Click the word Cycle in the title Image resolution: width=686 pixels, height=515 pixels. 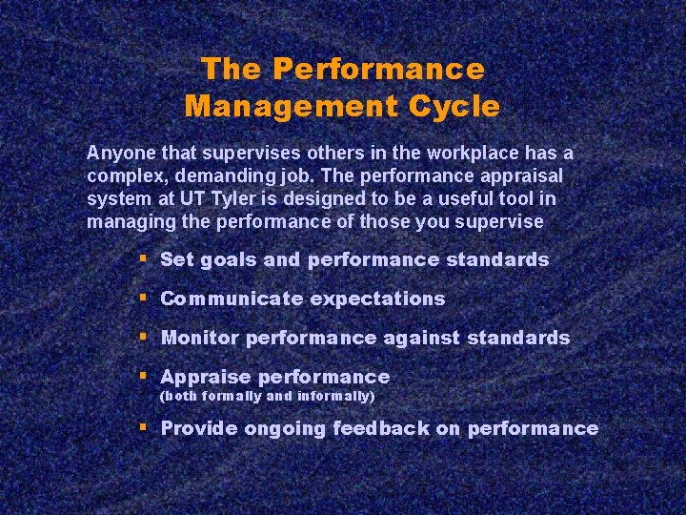[x=453, y=106]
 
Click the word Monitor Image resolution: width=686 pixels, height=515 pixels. [x=200, y=338]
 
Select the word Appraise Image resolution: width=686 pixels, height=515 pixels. [x=205, y=377]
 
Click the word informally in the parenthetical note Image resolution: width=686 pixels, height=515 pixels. [x=336, y=396]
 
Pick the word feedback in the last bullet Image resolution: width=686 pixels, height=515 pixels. [x=381, y=429]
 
